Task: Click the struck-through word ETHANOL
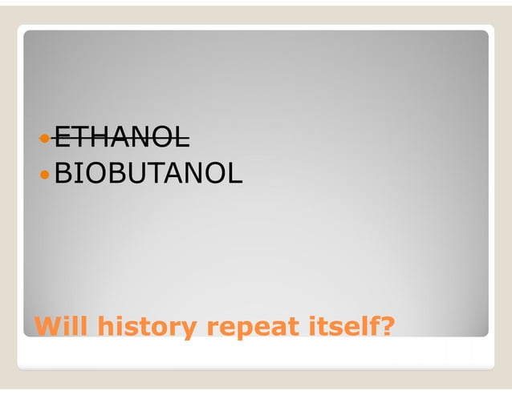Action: tap(122, 138)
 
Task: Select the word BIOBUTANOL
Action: tap(148, 171)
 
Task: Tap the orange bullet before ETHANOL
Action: tap(46, 139)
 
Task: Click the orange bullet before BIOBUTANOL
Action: tap(46, 172)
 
